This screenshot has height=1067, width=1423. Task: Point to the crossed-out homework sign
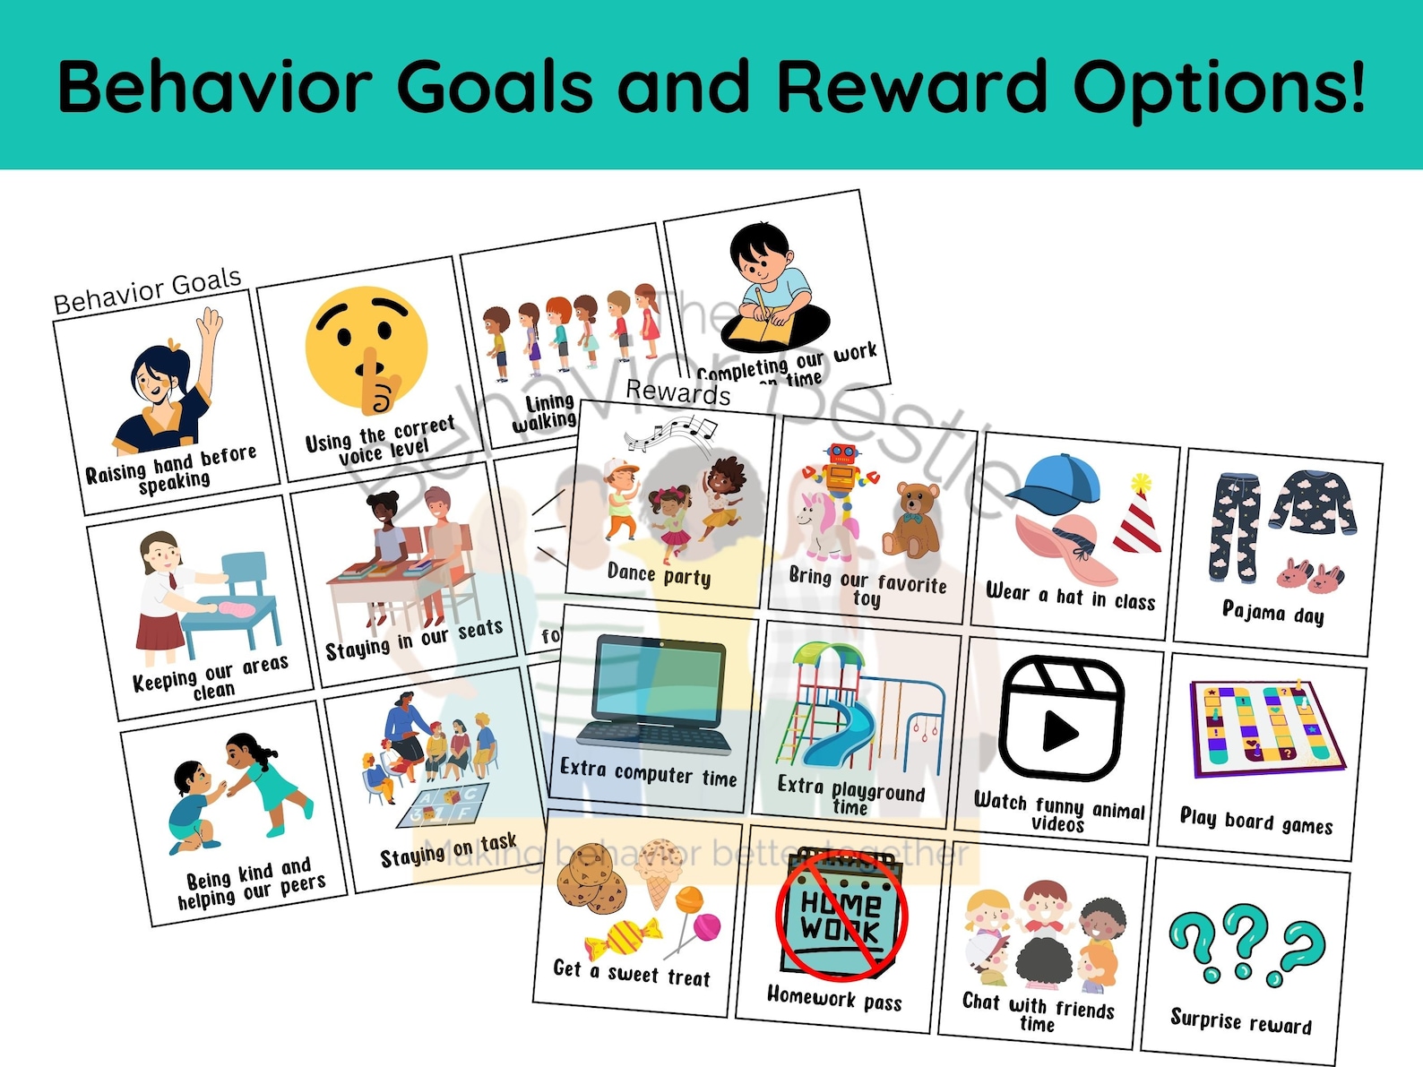[841, 914]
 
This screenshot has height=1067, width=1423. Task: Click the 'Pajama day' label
[1272, 613]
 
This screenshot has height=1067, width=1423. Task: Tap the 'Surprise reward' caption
[1240, 1020]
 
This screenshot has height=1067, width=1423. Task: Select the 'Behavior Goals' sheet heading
[148, 290]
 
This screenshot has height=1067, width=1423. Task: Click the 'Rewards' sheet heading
[678, 392]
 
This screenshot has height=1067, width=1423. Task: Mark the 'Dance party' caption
[659, 574]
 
